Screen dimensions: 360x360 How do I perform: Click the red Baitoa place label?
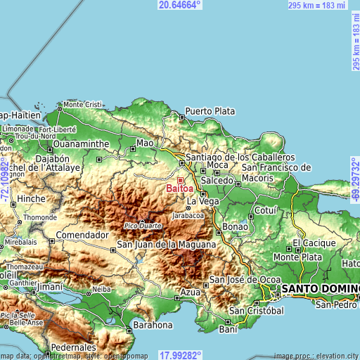pyautogui.click(x=180, y=188)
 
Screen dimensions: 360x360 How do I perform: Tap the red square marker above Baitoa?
pyautogui.click(x=180, y=180)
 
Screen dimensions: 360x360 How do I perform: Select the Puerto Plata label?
pyautogui.click(x=210, y=111)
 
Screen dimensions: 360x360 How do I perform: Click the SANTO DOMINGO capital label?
pyautogui.click(x=321, y=288)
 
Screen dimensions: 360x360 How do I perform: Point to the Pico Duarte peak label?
pyautogui.click(x=142, y=226)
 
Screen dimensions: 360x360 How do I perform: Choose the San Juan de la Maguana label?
pyautogui.click(x=167, y=244)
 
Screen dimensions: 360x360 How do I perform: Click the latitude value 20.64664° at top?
pyautogui.click(x=179, y=5)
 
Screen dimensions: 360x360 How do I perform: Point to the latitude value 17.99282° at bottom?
pyautogui.click(x=179, y=355)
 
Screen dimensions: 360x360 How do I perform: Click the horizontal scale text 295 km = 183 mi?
pyautogui.click(x=317, y=5)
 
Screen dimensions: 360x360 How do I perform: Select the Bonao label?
pyautogui.click(x=235, y=226)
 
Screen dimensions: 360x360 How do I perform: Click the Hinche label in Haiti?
pyautogui.click(x=32, y=199)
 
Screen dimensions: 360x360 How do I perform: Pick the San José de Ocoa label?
pyautogui.click(x=245, y=279)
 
